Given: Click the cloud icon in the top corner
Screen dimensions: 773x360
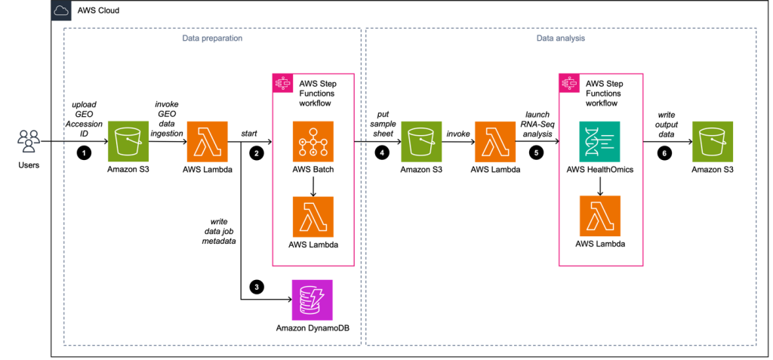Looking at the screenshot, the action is (x=61, y=11).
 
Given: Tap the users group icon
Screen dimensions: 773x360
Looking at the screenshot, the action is (x=29, y=141).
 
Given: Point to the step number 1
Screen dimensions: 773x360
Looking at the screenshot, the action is (x=84, y=153).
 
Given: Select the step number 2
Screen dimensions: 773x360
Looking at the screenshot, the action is (x=257, y=153).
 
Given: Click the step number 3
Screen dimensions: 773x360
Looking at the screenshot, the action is (x=257, y=288).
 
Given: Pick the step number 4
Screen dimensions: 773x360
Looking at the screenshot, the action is (x=382, y=153).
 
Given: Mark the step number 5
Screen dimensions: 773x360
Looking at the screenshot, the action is (x=536, y=153).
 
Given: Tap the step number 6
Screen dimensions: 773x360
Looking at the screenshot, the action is (x=664, y=153).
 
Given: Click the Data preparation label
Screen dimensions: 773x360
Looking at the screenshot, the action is (x=212, y=38).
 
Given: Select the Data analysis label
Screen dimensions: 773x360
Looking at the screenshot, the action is (x=561, y=38).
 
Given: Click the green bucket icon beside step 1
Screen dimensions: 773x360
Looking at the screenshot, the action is (x=128, y=141).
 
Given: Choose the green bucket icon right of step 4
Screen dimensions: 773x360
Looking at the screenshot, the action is (x=421, y=141).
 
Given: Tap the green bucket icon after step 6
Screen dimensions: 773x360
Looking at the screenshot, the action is (x=713, y=141).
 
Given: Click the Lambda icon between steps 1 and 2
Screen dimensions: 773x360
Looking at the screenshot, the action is (x=208, y=141).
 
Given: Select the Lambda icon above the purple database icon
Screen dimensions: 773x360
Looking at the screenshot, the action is (x=313, y=217).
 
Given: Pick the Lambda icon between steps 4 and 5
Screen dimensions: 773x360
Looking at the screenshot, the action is (x=495, y=141).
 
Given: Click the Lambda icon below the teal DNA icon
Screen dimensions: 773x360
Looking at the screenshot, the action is (x=600, y=216).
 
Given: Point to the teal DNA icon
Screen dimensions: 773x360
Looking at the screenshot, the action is (x=600, y=141).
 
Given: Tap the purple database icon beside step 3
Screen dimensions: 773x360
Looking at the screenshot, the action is (x=313, y=300).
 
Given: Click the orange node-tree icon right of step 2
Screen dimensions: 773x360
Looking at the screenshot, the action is (x=313, y=141).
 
